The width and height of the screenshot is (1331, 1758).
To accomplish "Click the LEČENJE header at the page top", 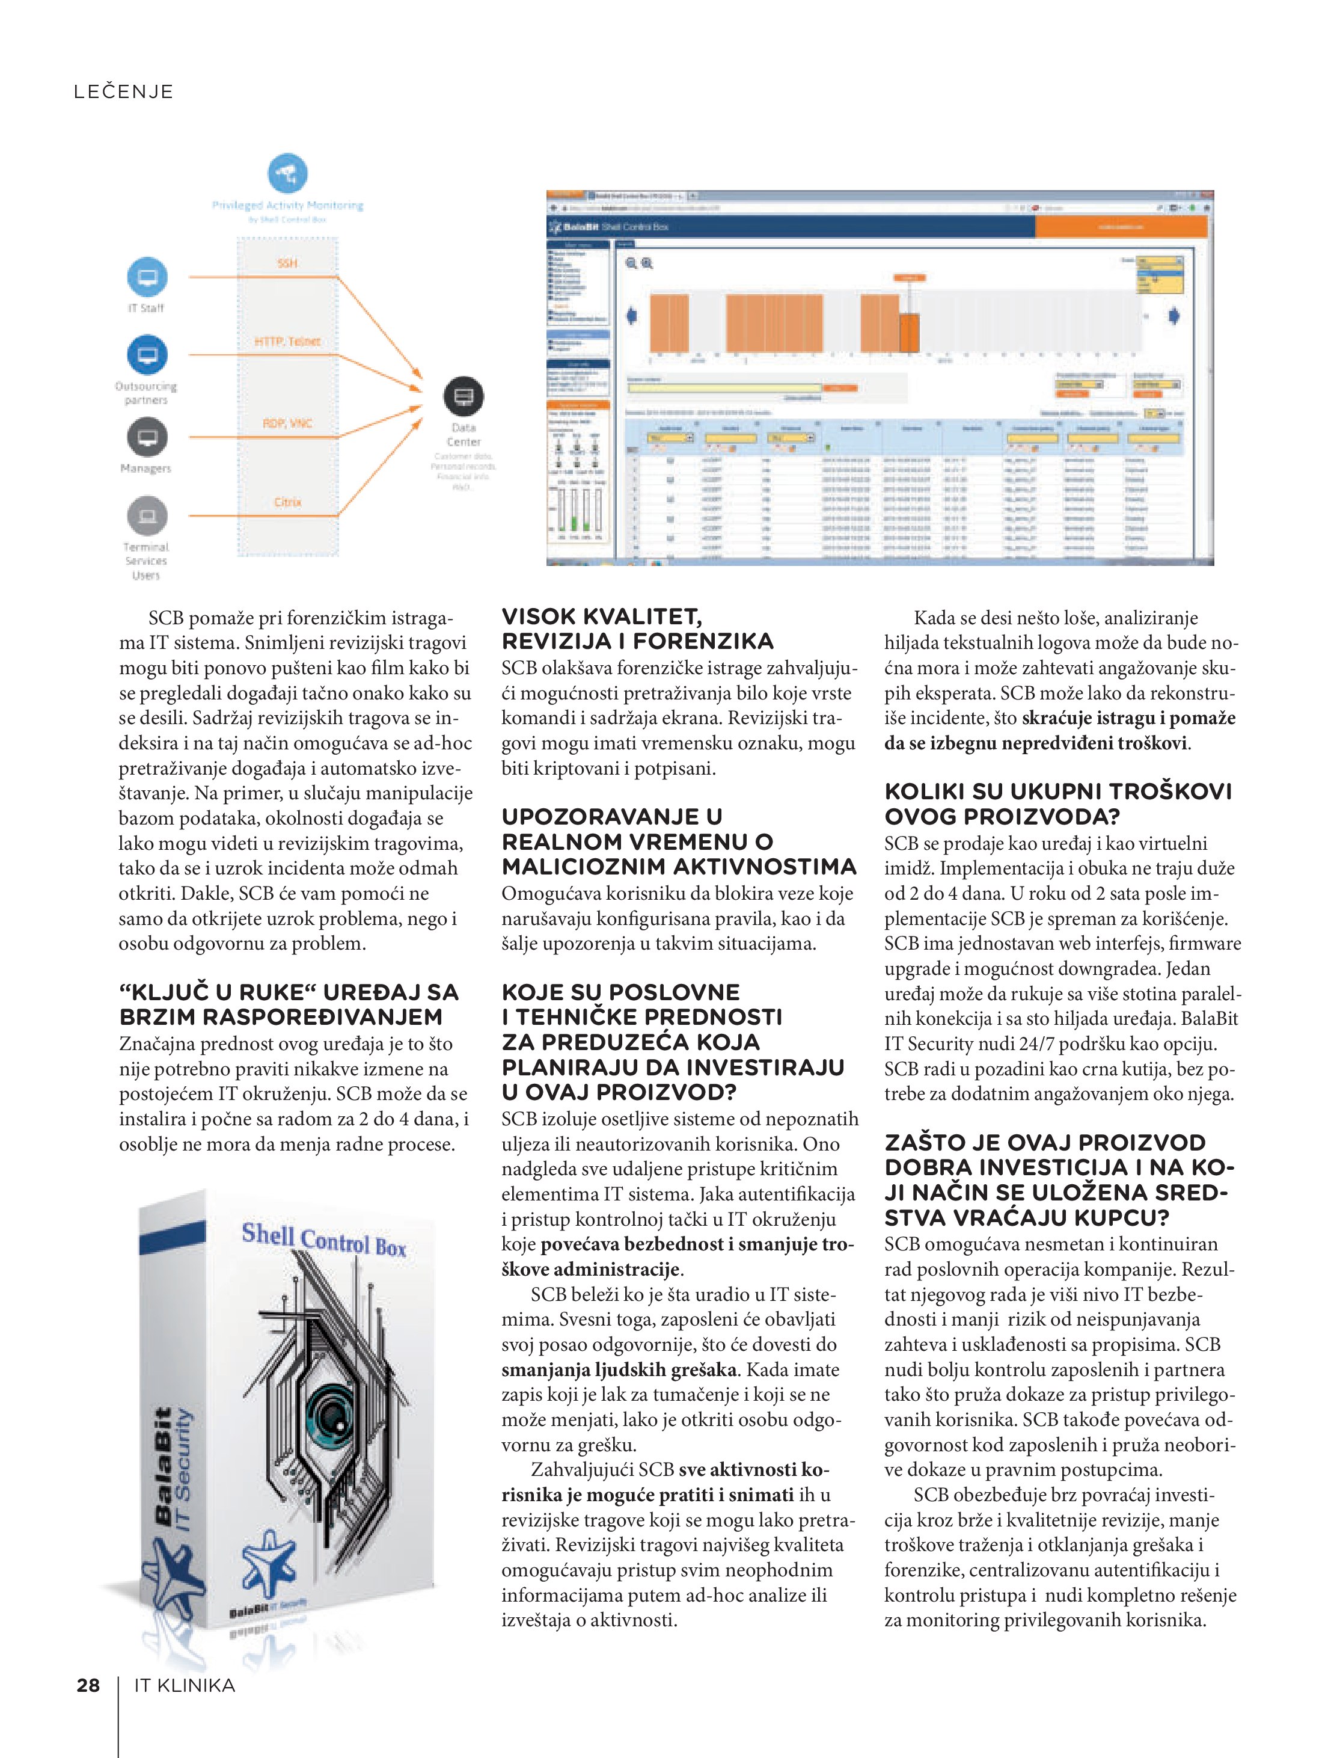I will click(x=123, y=91).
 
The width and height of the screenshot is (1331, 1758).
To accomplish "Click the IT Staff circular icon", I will click(x=147, y=277).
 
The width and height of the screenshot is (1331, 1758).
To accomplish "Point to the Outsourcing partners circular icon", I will click(x=147, y=355).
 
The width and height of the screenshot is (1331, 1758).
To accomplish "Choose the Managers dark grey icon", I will click(x=147, y=436).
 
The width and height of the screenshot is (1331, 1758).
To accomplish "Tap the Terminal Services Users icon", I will click(x=147, y=516).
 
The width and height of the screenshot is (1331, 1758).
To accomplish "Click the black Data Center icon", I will click(x=464, y=396).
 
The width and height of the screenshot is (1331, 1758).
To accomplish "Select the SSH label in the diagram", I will click(x=287, y=263).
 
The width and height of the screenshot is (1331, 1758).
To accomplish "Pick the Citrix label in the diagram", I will click(x=287, y=502).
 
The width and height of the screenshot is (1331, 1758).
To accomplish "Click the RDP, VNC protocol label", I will click(x=287, y=423).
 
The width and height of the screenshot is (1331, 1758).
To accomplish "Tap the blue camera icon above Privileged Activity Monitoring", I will click(x=287, y=173).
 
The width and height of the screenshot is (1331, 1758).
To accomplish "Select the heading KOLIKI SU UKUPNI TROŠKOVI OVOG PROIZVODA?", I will click(x=1057, y=804).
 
